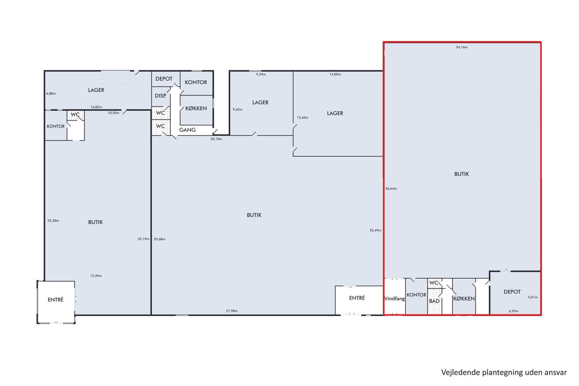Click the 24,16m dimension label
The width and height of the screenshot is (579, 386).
[x=462, y=47]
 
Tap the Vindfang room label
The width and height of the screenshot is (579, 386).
[x=395, y=299]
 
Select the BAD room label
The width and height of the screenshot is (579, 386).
[x=434, y=301]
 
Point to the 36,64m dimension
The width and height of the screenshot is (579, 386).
[x=391, y=189]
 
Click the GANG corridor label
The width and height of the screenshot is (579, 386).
[x=187, y=130]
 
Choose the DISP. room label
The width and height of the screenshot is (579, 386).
[x=160, y=96]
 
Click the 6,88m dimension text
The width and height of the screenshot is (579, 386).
[x=51, y=94]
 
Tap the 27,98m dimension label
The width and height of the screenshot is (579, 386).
[x=232, y=311]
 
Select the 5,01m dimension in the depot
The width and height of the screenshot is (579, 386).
[x=533, y=297]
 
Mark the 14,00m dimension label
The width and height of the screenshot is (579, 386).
[x=335, y=74]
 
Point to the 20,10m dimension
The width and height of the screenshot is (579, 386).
[x=216, y=139]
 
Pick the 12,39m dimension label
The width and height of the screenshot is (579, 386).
[x=96, y=276]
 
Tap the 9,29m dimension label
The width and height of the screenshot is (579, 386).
[x=261, y=74]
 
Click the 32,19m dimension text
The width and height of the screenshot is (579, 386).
[x=144, y=239]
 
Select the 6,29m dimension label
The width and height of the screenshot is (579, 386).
[x=514, y=311]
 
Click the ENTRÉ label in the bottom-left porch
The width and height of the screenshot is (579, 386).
[x=55, y=300]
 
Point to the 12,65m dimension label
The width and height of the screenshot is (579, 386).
[x=302, y=117]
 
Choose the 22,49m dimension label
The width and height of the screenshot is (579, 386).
[x=376, y=230]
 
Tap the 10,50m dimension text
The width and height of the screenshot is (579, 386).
[x=113, y=113]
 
